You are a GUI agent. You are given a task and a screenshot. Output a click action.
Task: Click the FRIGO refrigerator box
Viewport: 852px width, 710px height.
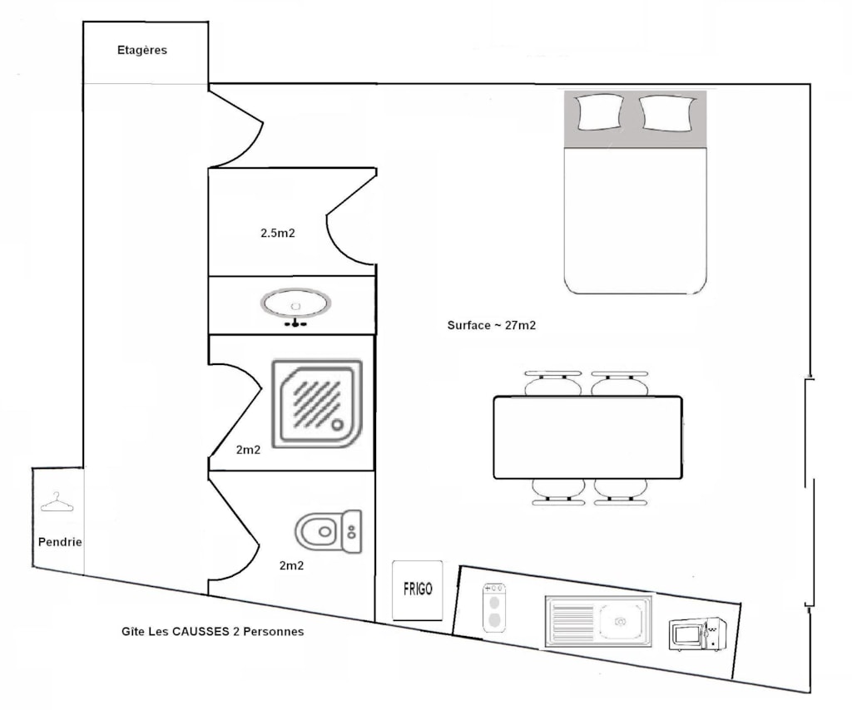tap(418, 590)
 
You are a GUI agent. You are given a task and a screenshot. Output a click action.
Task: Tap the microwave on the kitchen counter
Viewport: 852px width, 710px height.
tap(698, 634)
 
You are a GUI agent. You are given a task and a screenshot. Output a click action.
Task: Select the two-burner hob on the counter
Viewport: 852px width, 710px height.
tap(494, 608)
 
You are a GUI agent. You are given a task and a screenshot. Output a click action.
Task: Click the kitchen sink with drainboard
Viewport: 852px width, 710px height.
tap(598, 621)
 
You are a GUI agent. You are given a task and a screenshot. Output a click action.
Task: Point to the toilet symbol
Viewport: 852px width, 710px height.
tap(328, 531)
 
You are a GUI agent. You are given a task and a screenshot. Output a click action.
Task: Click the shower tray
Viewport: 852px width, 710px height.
tap(317, 404)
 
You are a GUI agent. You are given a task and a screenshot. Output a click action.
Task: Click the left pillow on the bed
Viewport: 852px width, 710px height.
tap(600, 112)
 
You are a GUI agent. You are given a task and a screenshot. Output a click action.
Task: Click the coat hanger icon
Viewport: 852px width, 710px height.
tap(57, 503)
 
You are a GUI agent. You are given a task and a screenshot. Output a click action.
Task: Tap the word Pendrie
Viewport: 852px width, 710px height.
tap(60, 542)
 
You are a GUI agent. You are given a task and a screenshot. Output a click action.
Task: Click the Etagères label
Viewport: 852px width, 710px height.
tap(142, 50)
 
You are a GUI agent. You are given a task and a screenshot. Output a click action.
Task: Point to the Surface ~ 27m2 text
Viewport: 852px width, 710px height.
tap(492, 325)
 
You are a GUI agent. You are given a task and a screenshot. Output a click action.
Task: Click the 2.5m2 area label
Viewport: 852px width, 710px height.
tap(278, 233)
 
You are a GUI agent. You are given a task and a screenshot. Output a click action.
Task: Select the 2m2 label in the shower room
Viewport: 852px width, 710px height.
tap(248, 450)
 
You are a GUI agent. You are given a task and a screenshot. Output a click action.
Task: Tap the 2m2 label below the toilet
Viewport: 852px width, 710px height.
tap(292, 565)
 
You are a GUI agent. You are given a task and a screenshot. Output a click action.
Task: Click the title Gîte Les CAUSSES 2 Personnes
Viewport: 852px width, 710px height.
tap(212, 631)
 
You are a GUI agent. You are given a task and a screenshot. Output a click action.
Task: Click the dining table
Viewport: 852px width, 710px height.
tap(588, 437)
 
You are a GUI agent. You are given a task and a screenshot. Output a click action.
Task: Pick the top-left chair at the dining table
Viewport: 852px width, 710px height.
tap(553, 383)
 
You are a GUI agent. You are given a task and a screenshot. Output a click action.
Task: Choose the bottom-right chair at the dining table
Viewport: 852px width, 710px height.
tap(621, 492)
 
